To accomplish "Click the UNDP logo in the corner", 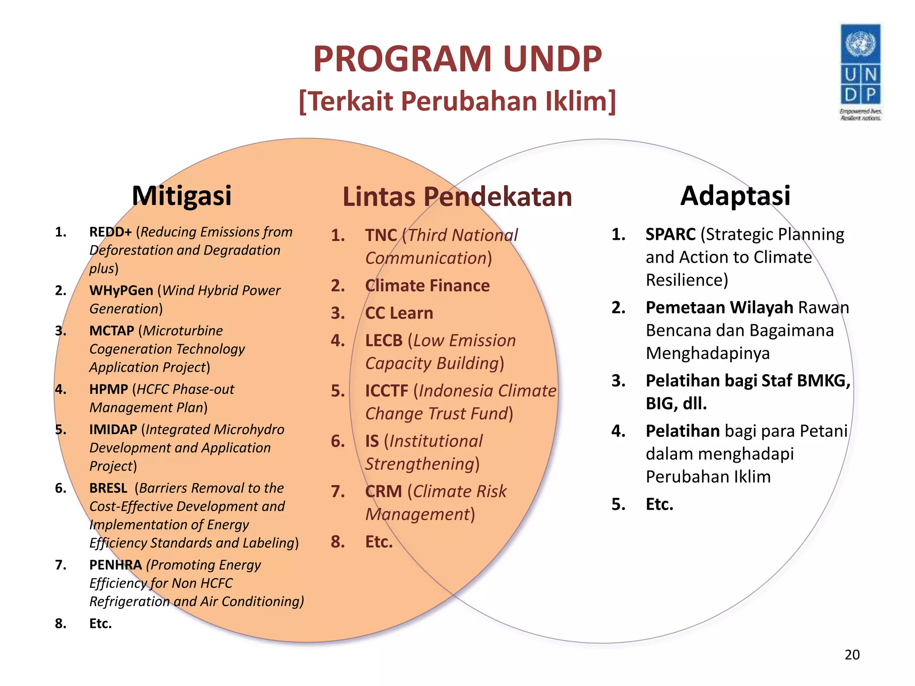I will [x=860, y=71].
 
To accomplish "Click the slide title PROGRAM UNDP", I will [x=457, y=59].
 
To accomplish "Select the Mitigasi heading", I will [x=181, y=196].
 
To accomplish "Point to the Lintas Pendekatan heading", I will [x=457, y=197].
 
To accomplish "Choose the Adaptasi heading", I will [x=735, y=196].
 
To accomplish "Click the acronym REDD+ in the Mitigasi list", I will [x=110, y=232].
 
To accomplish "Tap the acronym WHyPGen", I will [x=121, y=290].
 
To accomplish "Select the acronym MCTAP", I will [x=112, y=330].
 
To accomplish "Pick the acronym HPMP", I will [x=109, y=389].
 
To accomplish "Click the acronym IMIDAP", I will [x=113, y=429].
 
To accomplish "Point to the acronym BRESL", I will [x=108, y=488].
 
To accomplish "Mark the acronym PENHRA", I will [x=115, y=565].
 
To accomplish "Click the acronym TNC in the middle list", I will [x=381, y=235].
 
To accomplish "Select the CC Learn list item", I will [x=399, y=313].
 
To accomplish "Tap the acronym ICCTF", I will [x=386, y=391].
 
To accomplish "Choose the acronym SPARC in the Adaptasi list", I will [x=671, y=234].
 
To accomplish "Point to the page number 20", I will [x=852, y=655].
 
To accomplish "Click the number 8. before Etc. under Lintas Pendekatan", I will [x=338, y=542].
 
